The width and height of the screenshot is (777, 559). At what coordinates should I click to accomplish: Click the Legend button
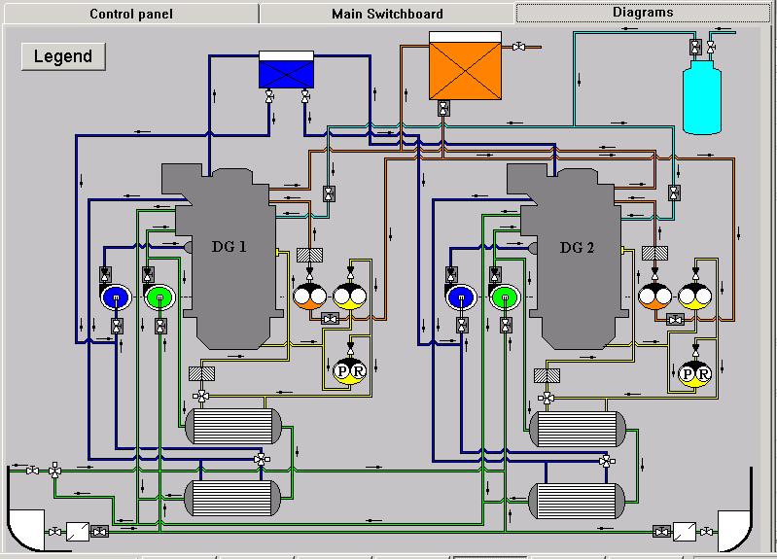tap(63, 55)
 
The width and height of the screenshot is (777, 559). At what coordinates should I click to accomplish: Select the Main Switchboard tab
tap(387, 14)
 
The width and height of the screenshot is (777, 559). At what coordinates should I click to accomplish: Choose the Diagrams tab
tap(643, 13)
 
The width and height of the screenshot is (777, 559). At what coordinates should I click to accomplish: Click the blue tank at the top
tap(286, 71)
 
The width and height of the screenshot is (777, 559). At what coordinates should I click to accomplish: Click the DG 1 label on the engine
tap(230, 246)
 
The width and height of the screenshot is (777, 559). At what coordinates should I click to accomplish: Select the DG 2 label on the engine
tap(577, 247)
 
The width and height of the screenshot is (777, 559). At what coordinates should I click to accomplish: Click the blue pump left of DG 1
tap(116, 297)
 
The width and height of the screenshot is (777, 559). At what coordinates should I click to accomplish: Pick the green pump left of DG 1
tap(159, 297)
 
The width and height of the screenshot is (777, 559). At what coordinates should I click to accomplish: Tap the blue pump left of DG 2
tap(460, 297)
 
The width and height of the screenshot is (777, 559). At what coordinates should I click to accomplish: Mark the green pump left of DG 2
tap(504, 297)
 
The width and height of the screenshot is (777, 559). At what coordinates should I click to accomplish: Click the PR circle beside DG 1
tap(347, 371)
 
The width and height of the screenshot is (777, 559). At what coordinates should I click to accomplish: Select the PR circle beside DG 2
tap(694, 373)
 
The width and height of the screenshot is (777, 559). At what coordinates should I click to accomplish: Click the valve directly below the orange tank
tap(443, 109)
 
